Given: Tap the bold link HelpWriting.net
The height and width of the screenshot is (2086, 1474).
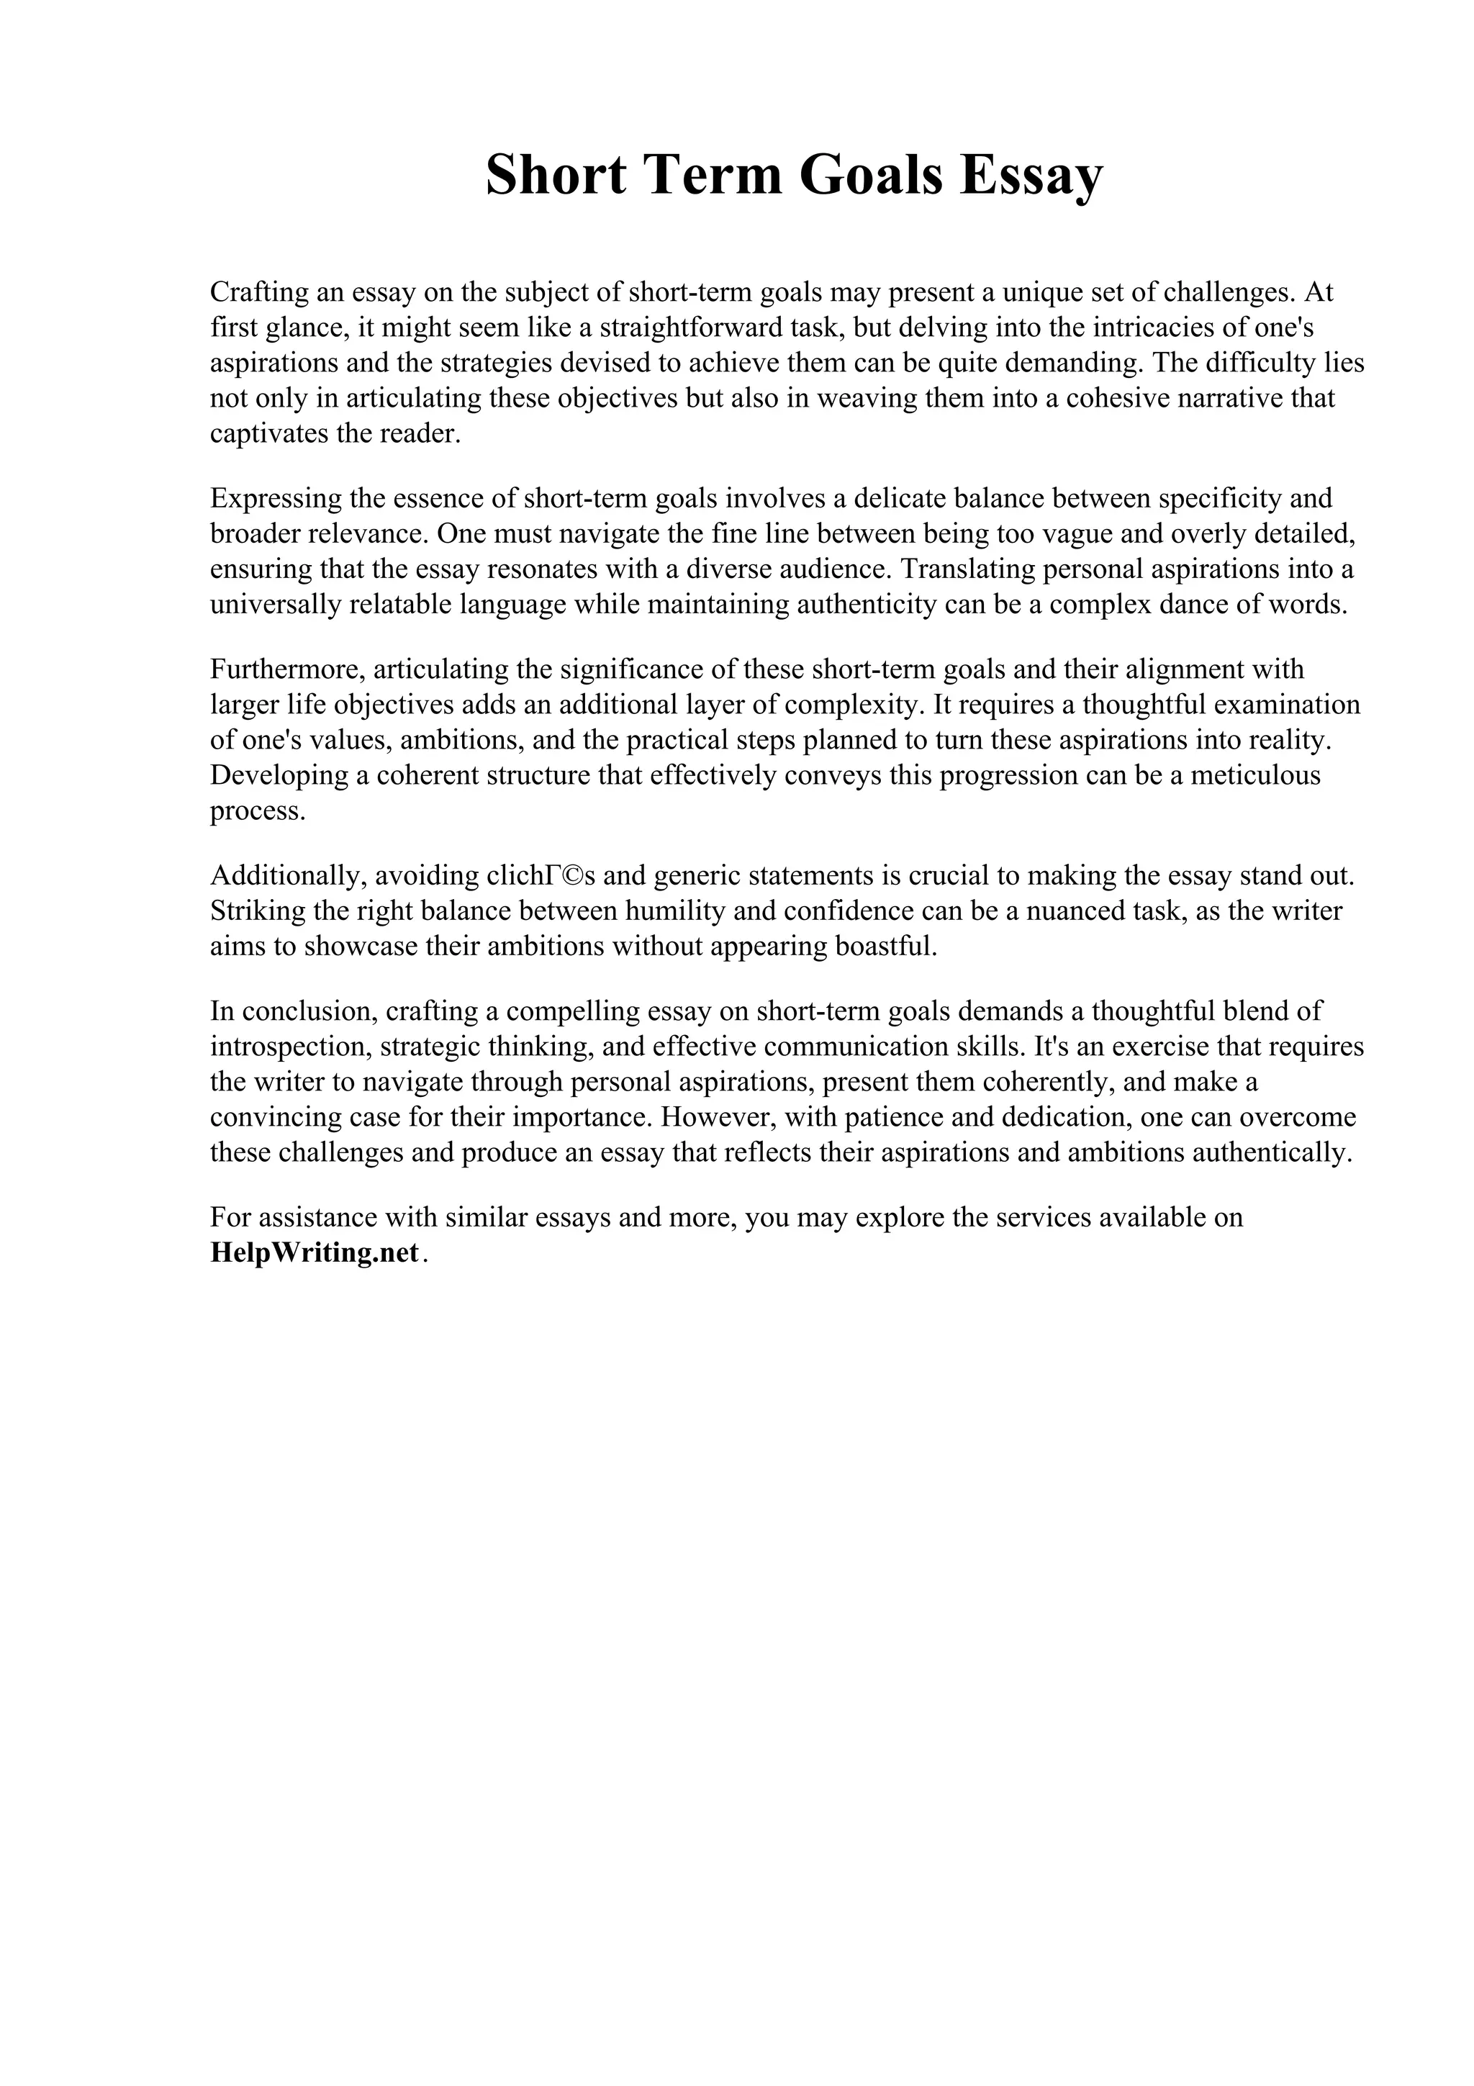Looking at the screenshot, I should pyautogui.click(x=315, y=1253).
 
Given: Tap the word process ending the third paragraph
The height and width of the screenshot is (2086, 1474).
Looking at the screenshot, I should pyautogui.click(x=257, y=811).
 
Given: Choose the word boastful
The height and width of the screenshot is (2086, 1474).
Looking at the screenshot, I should pyautogui.click(x=878, y=947).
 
